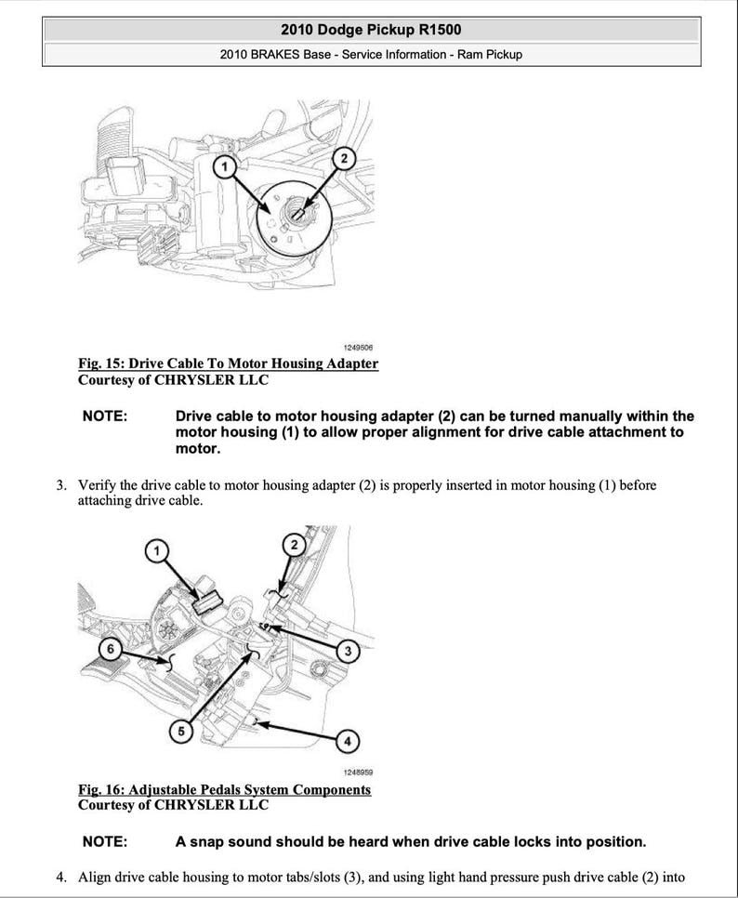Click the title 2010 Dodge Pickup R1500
[x=371, y=29]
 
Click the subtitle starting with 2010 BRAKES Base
[x=371, y=54]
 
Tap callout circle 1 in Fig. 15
[x=224, y=166]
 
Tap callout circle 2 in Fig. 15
[x=343, y=159]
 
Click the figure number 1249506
[x=358, y=347]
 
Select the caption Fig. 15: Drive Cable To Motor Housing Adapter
[x=228, y=363]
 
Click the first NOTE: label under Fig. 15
[x=104, y=416]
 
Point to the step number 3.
[x=61, y=485]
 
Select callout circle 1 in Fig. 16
[x=158, y=551]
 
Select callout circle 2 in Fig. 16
[x=293, y=544]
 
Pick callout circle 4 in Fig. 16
[x=346, y=741]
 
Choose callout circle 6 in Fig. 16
[x=110, y=648]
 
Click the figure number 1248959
[x=358, y=773]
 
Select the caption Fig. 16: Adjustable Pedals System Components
[x=224, y=789]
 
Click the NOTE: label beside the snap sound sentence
[x=104, y=842]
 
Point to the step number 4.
[x=61, y=877]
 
